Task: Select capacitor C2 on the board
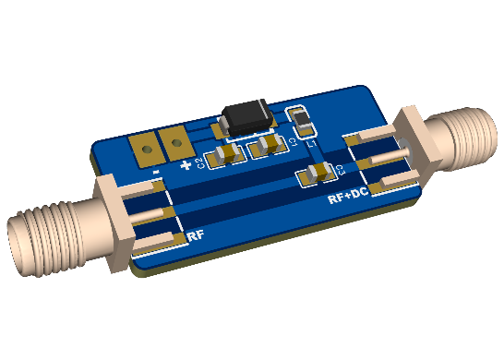point(224,156)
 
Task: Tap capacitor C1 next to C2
point(268,145)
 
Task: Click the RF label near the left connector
point(196,237)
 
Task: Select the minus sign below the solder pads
point(158,172)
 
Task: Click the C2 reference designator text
point(200,162)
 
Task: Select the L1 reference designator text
point(311,143)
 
